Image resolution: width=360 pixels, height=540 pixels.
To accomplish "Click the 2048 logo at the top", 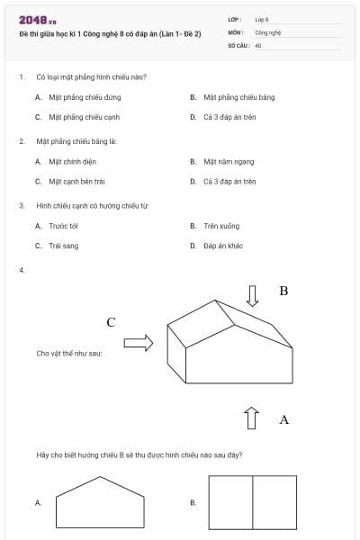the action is coord(38,19).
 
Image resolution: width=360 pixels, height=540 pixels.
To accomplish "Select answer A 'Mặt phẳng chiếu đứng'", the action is coord(84,96).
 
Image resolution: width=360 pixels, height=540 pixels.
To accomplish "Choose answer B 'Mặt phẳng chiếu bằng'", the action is coord(238,96).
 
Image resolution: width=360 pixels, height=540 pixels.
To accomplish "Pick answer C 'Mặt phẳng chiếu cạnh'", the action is coord(84,117).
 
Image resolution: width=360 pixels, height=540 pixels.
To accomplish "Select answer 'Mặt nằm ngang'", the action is coord(229,162).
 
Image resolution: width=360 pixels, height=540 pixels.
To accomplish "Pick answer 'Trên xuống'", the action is coord(221,226).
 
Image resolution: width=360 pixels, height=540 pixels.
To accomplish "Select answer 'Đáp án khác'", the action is coord(223,245).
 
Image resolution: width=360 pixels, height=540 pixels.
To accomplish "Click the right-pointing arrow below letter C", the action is coord(138,342).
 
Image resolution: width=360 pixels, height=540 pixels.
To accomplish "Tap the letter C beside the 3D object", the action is coord(111,321).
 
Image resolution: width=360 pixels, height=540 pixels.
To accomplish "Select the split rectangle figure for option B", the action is coord(252,502).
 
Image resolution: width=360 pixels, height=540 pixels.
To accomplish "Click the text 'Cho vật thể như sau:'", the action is coord(69,354).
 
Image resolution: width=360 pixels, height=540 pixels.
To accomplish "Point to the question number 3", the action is coord(21,206).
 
